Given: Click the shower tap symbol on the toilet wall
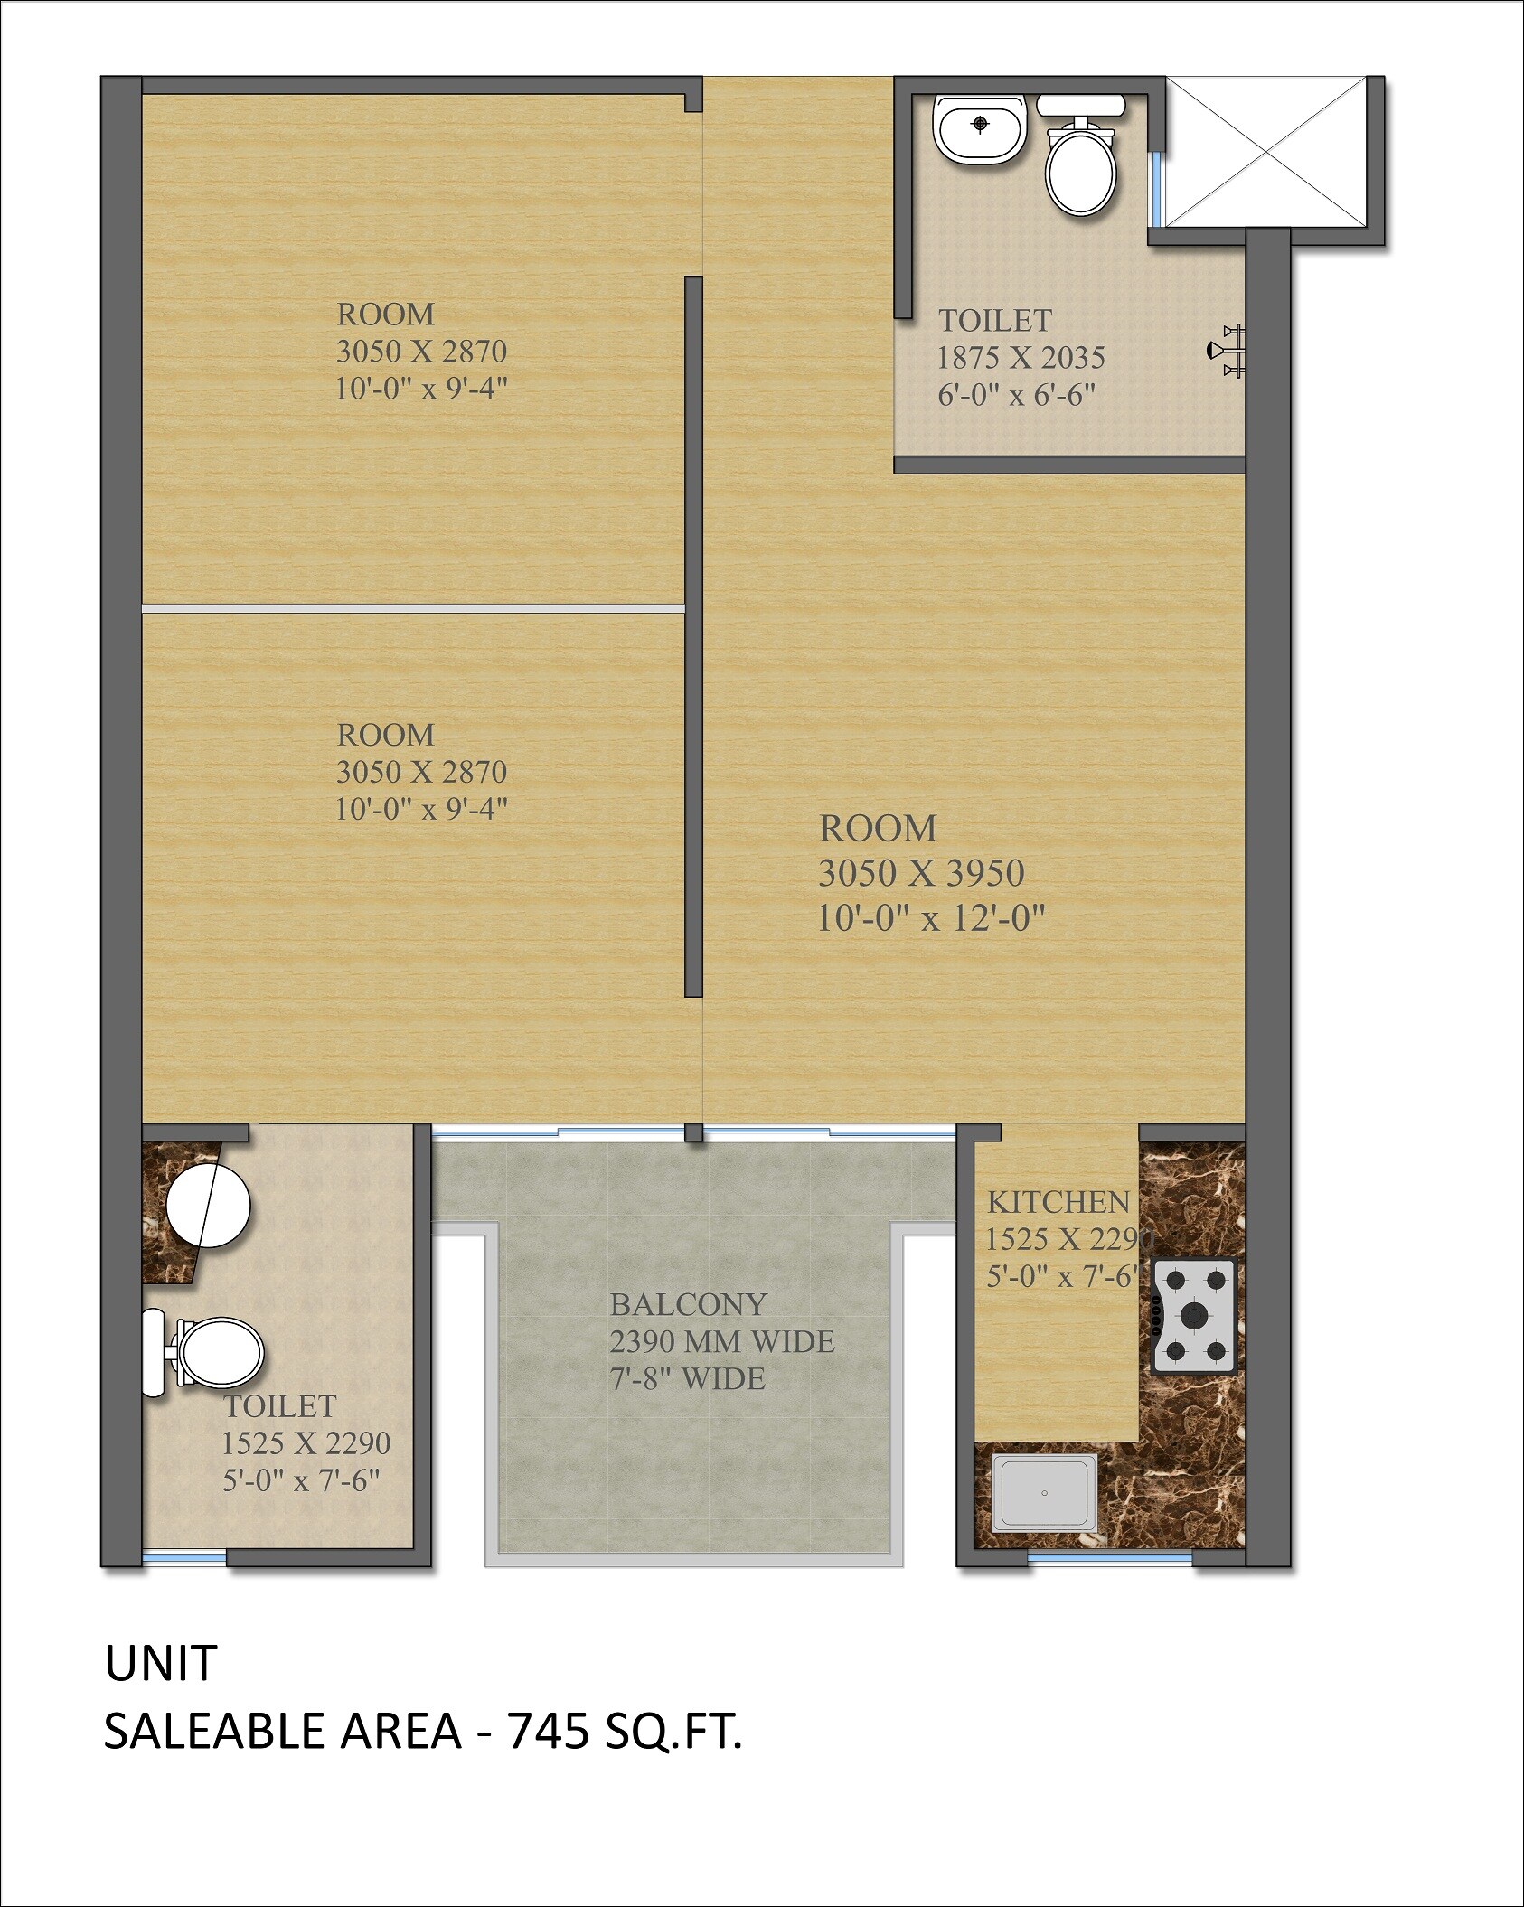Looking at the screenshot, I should click(1225, 351).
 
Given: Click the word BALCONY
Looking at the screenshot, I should click(688, 1304).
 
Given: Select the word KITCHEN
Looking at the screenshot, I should click(1058, 1202).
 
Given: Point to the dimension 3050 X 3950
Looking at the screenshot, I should click(921, 873).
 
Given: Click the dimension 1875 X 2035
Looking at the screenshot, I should click(1021, 358).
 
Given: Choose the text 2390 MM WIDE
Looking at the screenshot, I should click(721, 1341).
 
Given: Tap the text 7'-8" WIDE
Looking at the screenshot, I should click(687, 1378).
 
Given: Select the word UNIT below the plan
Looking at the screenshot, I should click(161, 1663).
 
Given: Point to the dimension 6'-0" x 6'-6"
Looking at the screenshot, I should click(1016, 395).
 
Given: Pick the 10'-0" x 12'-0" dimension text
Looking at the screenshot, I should click(931, 918).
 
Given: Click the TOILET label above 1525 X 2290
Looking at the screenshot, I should click(280, 1406).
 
